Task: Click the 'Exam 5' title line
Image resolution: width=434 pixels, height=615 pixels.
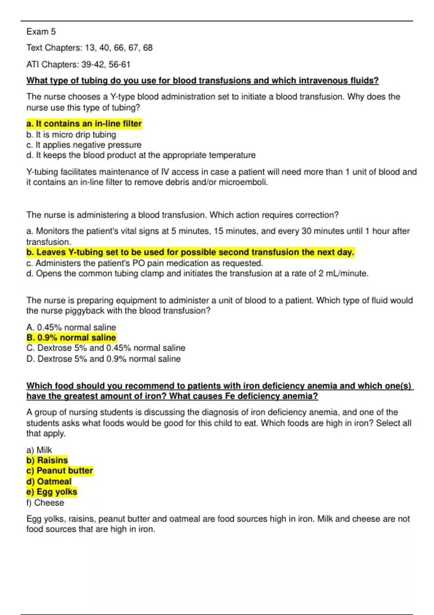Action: [x=41, y=32]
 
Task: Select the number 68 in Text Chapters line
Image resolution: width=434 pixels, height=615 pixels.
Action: [x=148, y=48]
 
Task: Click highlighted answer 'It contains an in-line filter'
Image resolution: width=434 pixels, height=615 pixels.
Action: [x=84, y=124]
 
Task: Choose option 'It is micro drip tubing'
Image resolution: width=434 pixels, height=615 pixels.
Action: [x=71, y=135]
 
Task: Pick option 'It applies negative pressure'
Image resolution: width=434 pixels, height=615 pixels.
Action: [x=84, y=145]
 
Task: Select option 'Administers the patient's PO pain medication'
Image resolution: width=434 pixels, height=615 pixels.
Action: [x=145, y=263]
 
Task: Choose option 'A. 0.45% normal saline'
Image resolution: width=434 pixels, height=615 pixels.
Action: [x=71, y=327]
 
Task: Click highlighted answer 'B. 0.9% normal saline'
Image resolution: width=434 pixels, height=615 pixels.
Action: [x=71, y=338]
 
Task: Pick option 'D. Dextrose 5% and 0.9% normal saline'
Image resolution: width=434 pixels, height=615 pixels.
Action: [x=103, y=359]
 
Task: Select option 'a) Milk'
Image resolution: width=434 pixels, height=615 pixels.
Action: [x=39, y=450]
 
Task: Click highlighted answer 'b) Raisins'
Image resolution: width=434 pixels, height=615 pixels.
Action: [x=47, y=460]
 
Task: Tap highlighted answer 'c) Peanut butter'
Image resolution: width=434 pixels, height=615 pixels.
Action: [x=60, y=471]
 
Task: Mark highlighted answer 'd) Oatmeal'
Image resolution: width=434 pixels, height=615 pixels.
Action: [x=49, y=482]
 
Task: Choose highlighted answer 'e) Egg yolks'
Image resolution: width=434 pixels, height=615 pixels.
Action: [x=52, y=492]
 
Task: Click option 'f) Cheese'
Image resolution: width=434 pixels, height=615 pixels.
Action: [x=45, y=503]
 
